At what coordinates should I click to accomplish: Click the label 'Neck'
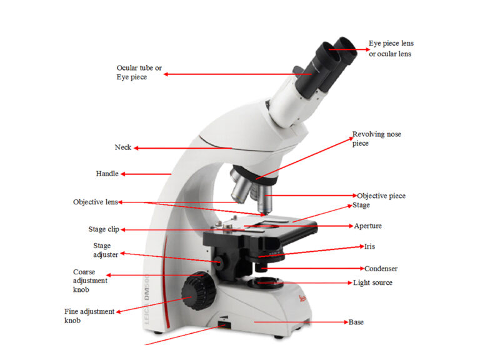[122, 147]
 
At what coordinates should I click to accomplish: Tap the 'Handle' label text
[107, 173]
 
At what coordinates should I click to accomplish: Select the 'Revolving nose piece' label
[377, 139]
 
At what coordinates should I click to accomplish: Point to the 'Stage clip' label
[103, 229]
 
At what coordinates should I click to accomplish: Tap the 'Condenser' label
[381, 269]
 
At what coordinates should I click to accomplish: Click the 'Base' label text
[356, 322]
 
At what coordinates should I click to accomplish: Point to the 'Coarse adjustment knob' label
[90, 281]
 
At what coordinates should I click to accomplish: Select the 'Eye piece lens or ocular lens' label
[391, 48]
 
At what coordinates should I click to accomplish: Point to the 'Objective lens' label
[95, 202]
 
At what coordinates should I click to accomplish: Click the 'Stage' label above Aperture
[361, 205]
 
